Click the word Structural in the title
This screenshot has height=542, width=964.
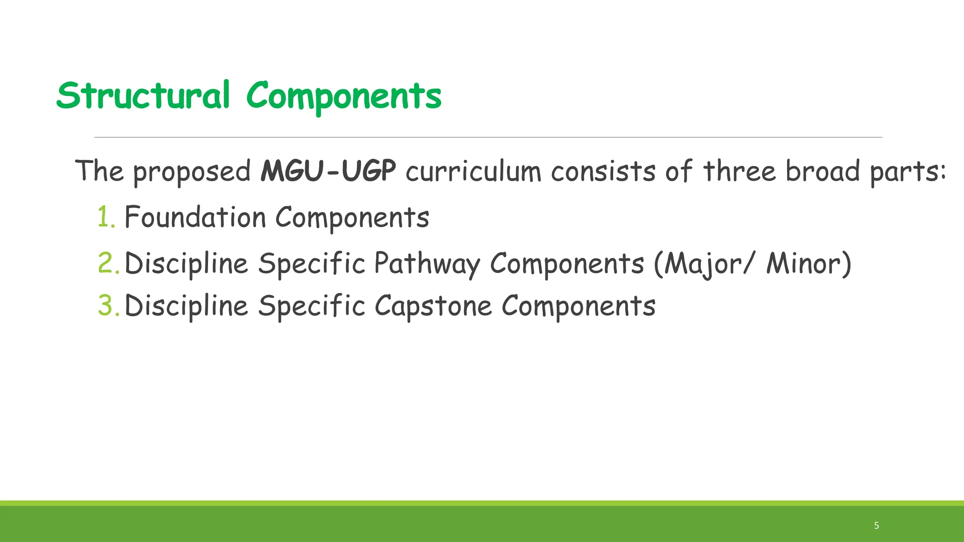[143, 96]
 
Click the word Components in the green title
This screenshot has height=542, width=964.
[344, 96]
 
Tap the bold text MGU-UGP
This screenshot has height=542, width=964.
[328, 171]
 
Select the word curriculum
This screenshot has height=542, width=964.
[473, 171]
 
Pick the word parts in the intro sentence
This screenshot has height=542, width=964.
[904, 172]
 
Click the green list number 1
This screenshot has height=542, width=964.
[105, 217]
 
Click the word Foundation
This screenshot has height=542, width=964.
[195, 217]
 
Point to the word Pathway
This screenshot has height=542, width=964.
[427, 263]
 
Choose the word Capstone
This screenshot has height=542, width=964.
[433, 306]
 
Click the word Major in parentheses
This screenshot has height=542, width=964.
[696, 263]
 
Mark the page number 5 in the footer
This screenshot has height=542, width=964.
[876, 526]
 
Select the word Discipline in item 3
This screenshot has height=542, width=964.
[186, 306]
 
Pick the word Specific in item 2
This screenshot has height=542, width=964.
[312, 263]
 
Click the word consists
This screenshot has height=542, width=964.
[603, 171]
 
